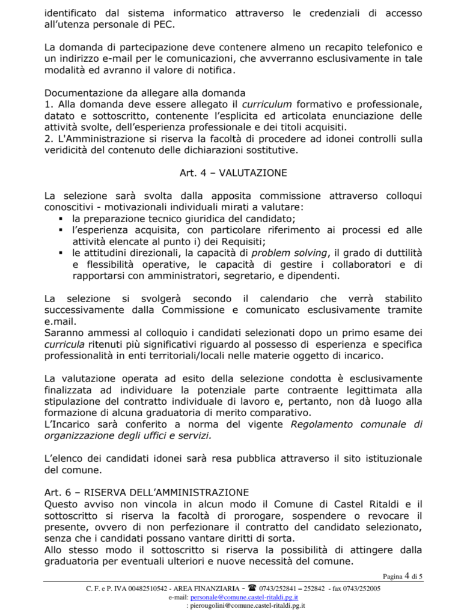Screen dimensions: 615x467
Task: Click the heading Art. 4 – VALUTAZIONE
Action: pyautogui.click(x=233, y=173)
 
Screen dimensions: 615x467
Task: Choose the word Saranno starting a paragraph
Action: pyautogui.click(x=66, y=333)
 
